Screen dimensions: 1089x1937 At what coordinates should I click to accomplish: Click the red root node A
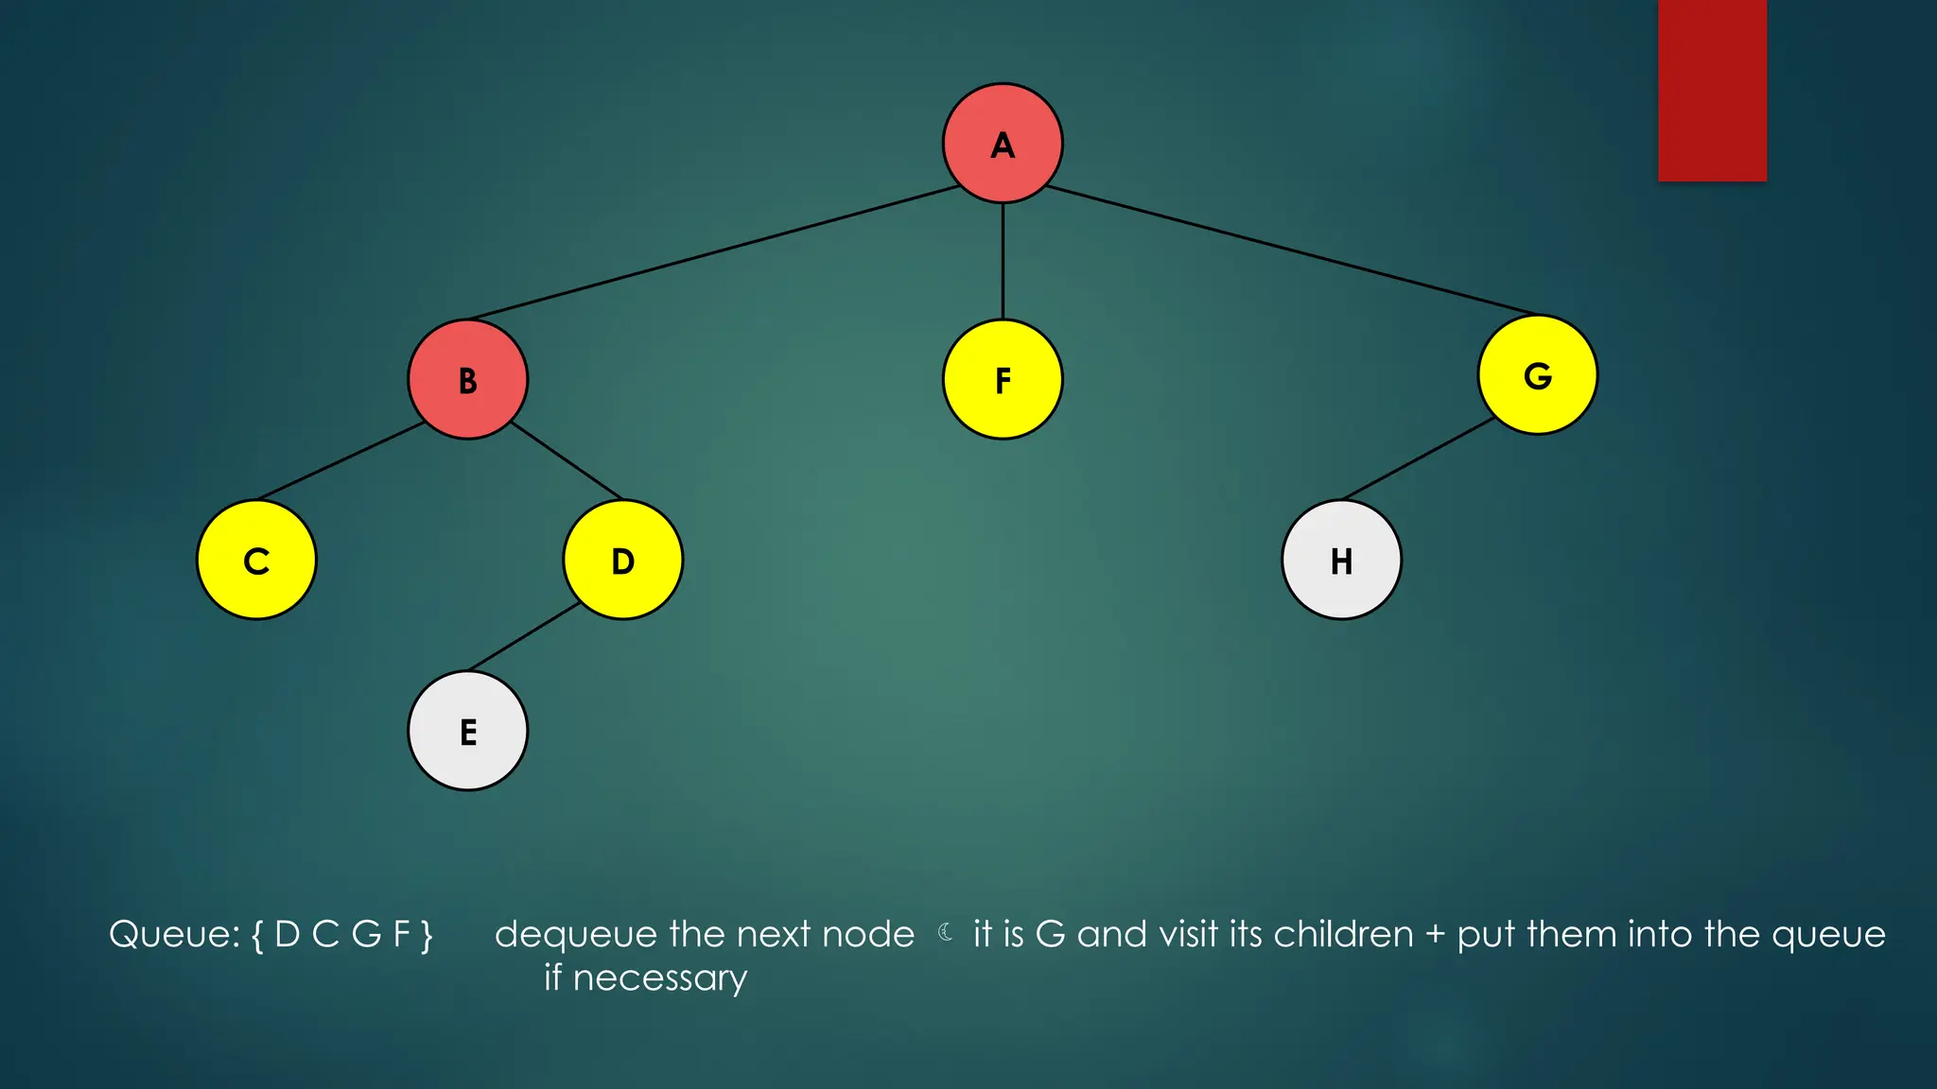[1003, 143]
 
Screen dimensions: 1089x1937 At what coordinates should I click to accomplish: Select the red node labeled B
[467, 379]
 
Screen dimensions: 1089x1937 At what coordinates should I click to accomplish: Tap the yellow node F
[1003, 379]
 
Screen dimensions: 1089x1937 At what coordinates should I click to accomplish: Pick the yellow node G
[1538, 374]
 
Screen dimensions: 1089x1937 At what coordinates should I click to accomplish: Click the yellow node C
[256, 560]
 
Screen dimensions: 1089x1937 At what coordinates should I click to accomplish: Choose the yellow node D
[622, 560]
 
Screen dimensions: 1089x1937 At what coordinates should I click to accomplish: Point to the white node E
[467, 731]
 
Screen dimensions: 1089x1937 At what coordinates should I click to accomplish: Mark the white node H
[1341, 560]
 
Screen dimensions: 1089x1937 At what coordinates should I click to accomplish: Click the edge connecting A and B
[715, 252]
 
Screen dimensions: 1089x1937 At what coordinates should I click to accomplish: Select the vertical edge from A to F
[1003, 261]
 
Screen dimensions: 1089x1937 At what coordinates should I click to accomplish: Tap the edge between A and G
[1292, 251]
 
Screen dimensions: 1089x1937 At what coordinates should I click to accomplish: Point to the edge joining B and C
[340, 460]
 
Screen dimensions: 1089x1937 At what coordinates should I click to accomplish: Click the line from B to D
[566, 459]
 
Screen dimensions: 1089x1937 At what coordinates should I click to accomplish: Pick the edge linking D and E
[524, 636]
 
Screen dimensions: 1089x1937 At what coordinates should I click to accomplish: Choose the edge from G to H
[1419, 458]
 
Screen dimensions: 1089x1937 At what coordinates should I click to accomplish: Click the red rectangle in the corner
[1712, 90]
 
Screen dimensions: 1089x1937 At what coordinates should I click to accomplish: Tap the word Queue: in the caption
[175, 935]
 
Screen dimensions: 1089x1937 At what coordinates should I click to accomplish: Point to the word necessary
[659, 978]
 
